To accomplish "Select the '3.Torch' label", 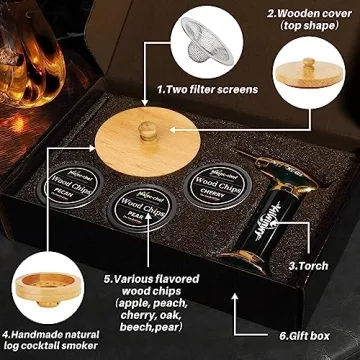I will (307, 266).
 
